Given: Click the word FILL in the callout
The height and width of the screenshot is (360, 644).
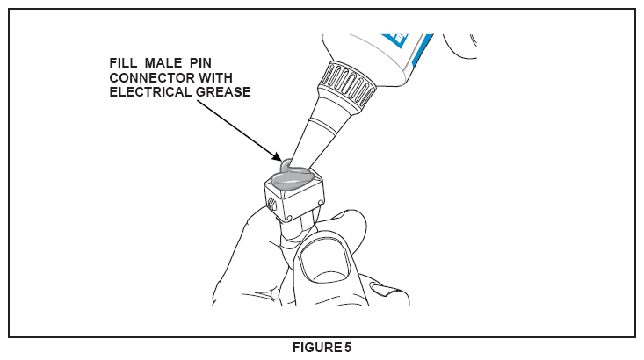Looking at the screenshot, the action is (x=123, y=63).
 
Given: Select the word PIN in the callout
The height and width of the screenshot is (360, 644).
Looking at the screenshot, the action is (x=200, y=63).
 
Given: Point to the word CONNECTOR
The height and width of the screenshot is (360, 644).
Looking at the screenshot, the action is (x=152, y=77).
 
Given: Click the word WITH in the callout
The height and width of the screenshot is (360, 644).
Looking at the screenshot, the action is (x=215, y=77).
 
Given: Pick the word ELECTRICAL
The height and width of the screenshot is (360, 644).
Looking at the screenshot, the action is (x=150, y=92).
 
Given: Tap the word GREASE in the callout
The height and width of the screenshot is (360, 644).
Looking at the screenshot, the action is (x=223, y=92).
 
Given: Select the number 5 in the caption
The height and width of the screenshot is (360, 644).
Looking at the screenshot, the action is (x=348, y=348).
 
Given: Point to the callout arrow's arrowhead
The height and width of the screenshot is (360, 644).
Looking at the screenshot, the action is (x=278, y=157).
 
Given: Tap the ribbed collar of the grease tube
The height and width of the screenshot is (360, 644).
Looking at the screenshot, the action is (x=347, y=85).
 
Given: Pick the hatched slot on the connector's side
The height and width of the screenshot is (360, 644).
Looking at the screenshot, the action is (x=271, y=203).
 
